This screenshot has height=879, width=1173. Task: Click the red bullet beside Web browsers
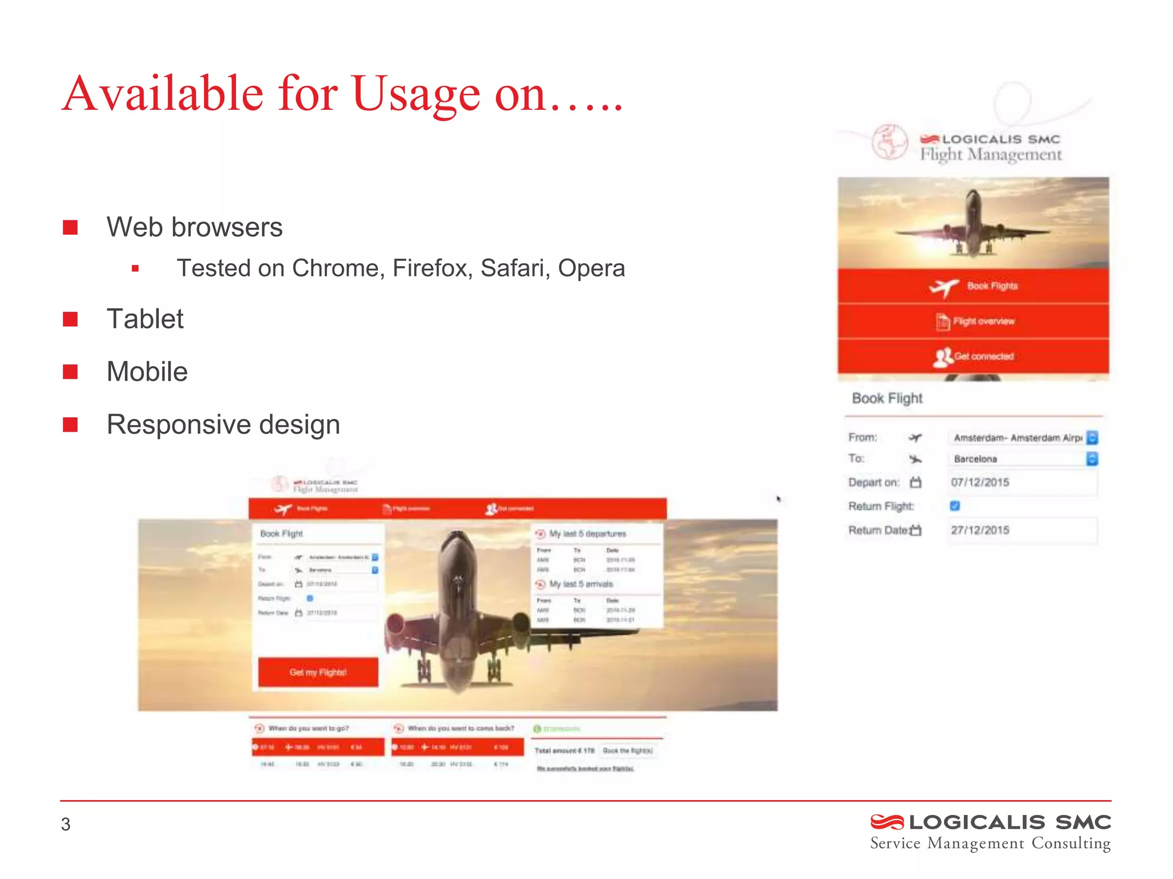coord(70,228)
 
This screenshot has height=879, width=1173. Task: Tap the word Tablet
coord(145,319)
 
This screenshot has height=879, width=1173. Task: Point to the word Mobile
coord(147,372)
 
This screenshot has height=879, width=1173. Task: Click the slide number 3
coord(66,824)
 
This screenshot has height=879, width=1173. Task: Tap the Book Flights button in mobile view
coord(974,286)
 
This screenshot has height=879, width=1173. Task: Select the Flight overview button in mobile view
coord(974,321)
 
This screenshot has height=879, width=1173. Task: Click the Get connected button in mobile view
coord(974,357)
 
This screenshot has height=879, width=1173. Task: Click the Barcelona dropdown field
coord(1022,459)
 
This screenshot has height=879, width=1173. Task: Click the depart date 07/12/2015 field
coord(1022,482)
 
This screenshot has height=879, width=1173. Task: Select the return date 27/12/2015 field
coord(1022,530)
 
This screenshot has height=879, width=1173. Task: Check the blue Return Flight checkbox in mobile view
coord(955,506)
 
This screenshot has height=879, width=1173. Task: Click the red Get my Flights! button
coord(318,672)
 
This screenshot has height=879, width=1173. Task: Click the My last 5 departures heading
coord(587,534)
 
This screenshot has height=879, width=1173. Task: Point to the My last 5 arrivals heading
coord(581,584)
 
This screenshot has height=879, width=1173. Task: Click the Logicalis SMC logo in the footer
coord(990,832)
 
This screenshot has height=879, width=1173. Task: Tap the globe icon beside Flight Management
coord(889,142)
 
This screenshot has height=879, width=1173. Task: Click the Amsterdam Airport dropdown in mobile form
coord(1022,438)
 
